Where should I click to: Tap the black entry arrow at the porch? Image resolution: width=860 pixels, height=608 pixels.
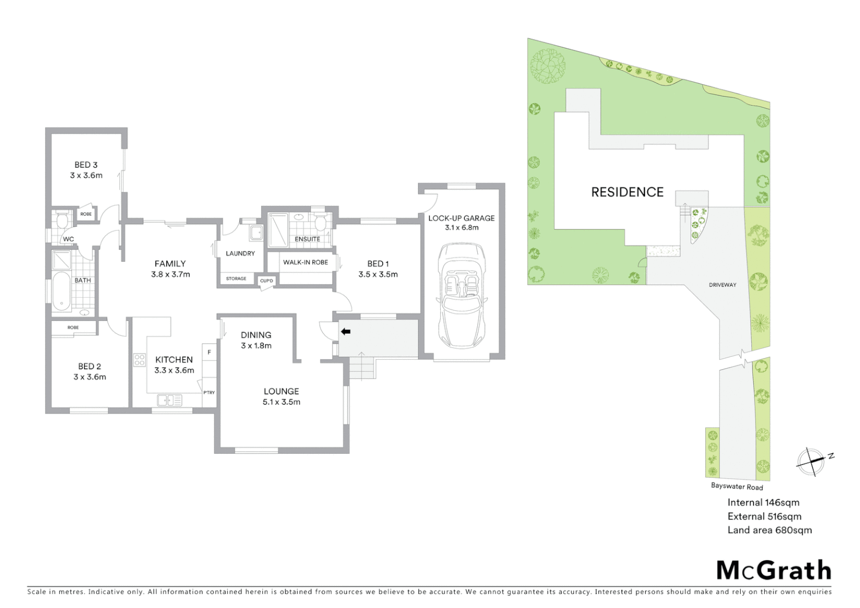tap(346, 332)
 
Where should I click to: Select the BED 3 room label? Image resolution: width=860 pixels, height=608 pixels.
tap(86, 165)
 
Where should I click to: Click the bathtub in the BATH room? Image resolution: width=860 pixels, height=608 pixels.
tap(61, 292)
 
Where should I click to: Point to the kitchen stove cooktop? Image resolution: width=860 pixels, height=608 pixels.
tap(140, 360)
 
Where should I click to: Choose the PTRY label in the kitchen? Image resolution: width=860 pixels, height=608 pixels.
tap(209, 392)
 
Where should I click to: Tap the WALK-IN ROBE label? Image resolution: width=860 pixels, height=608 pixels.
tap(305, 262)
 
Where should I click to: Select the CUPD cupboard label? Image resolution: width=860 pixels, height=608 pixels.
tap(266, 280)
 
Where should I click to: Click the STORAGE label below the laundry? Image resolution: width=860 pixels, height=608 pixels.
tap(236, 279)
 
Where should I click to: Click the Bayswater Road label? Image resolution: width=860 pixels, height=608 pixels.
tap(737, 486)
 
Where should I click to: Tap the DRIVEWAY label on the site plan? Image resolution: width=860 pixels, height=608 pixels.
tap(722, 285)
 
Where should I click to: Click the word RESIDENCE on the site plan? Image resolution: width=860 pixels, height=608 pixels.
tap(627, 192)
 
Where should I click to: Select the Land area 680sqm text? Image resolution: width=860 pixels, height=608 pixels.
tap(769, 530)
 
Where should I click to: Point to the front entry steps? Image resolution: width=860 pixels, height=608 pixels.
tap(360, 369)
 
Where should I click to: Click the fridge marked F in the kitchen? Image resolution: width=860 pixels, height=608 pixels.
tap(209, 352)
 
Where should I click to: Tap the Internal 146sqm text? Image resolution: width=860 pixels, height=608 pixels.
tap(763, 503)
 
